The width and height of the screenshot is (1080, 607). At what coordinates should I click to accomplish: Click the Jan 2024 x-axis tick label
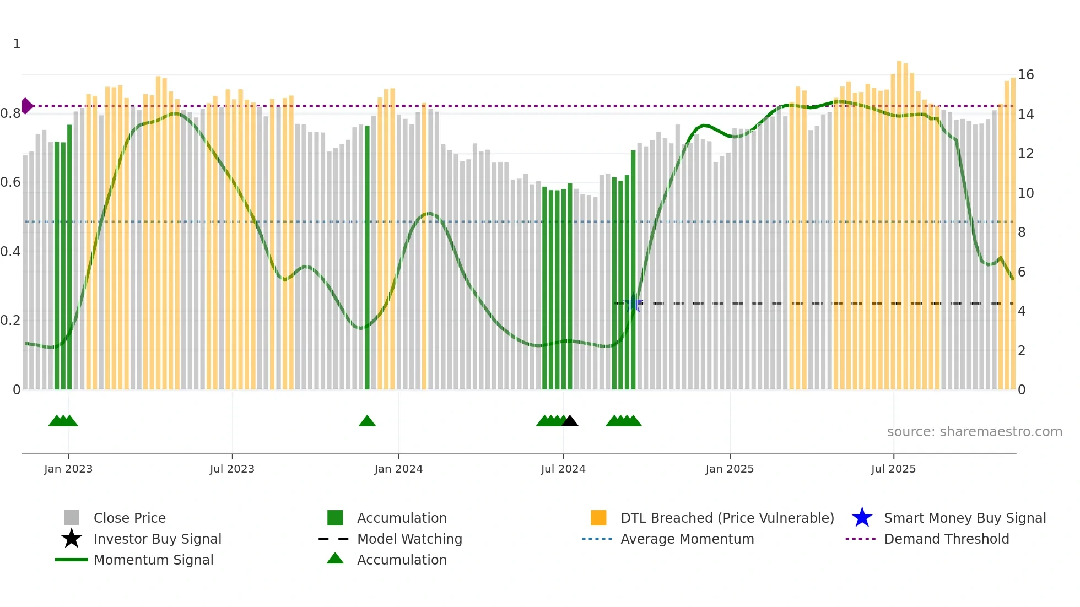[x=398, y=469]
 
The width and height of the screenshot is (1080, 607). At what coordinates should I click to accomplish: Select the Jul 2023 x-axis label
[x=232, y=469]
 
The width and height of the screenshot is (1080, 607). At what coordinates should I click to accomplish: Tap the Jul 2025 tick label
[x=893, y=469]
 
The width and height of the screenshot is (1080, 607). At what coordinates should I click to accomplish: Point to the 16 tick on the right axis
[x=1025, y=75]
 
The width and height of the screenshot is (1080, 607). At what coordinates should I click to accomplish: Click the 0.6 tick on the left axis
[x=10, y=182]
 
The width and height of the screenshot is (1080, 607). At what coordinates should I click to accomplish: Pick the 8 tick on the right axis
[x=1022, y=232]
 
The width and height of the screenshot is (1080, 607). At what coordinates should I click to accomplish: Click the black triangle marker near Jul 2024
[x=570, y=421]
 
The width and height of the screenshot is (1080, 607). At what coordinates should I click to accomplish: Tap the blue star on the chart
[x=634, y=303]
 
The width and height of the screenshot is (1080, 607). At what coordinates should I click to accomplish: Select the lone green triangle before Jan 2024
[x=367, y=421]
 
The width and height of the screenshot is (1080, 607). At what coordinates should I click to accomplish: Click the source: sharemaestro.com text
[x=974, y=432]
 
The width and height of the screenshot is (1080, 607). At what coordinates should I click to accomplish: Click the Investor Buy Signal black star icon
[x=72, y=539]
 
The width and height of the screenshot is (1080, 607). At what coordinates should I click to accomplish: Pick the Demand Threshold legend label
[x=946, y=539]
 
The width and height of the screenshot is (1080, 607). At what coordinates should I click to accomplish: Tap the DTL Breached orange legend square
[x=598, y=518]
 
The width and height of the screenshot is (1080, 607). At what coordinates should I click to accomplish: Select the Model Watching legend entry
[x=409, y=539]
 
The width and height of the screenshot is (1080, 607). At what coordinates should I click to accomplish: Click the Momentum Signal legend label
[x=153, y=560]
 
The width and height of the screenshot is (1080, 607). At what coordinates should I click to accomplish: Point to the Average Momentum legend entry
[x=687, y=539]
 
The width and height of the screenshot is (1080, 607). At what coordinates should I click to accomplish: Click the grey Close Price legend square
[x=72, y=518]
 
